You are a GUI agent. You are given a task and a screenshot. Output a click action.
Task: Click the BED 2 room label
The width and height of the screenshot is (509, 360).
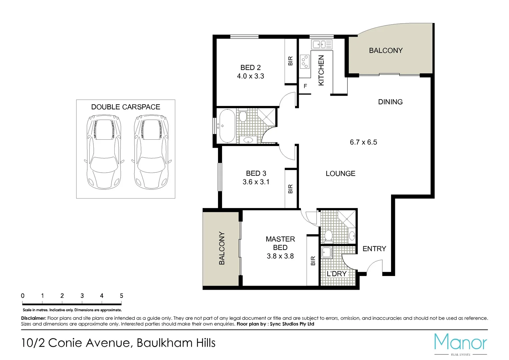[x=250, y=68]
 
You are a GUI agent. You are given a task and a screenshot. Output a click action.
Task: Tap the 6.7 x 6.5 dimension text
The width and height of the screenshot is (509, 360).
[x=363, y=142]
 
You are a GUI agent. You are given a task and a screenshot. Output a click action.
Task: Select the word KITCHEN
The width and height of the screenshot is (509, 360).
[x=321, y=70]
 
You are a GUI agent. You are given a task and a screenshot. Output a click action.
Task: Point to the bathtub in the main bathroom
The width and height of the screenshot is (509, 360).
[x=227, y=126]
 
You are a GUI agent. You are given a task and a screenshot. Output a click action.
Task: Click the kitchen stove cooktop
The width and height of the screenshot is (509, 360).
[x=304, y=62]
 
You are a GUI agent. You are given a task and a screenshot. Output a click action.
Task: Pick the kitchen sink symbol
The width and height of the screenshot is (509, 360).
[x=322, y=44]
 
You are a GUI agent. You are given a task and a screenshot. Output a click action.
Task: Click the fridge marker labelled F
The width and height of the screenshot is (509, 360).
[x=305, y=86]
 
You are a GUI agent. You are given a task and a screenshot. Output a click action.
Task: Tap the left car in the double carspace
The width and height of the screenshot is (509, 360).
[x=104, y=152]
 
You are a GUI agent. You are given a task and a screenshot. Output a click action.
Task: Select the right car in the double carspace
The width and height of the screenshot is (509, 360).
[x=151, y=152]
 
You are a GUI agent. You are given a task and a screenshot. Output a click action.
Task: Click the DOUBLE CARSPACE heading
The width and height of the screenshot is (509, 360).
[x=126, y=107]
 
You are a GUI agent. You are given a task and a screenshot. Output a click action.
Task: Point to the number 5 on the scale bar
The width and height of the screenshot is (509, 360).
[x=121, y=296]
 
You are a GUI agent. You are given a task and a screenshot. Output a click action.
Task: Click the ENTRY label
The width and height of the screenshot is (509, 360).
[x=374, y=249]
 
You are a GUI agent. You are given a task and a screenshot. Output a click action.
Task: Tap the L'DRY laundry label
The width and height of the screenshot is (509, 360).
[x=337, y=274]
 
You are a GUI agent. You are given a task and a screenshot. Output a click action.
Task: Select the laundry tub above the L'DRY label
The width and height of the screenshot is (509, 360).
[x=327, y=252]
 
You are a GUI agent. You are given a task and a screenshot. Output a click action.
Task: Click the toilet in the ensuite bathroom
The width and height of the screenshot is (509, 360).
[x=328, y=235]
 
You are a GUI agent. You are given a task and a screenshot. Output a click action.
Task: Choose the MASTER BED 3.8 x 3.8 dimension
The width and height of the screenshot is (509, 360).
[x=280, y=256]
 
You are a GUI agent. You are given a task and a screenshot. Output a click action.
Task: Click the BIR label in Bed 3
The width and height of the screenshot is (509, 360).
[x=290, y=189]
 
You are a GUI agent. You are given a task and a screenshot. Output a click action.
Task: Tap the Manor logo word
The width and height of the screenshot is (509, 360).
[x=461, y=342]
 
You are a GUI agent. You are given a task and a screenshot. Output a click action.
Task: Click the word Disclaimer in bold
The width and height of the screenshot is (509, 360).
[x=33, y=318]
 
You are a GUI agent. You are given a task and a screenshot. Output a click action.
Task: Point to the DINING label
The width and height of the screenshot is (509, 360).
[x=390, y=102]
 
